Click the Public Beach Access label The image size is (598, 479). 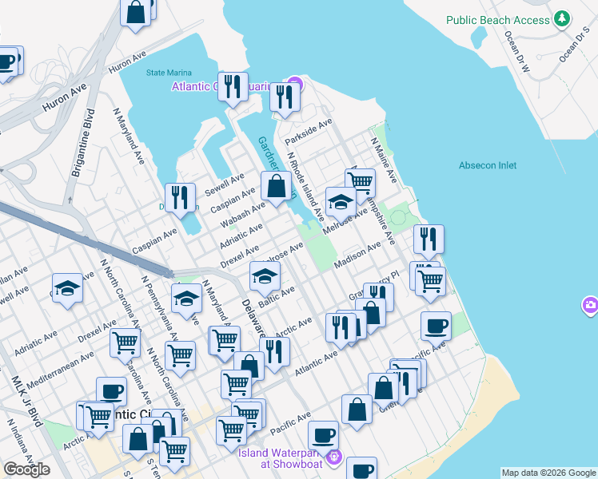click(498, 20)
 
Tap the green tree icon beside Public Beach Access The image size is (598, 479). click(563, 18)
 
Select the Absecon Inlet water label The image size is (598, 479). click(488, 165)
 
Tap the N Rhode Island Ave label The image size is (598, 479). click(306, 187)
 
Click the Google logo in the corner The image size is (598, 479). click(26, 469)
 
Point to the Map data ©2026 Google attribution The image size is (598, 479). click(548, 473)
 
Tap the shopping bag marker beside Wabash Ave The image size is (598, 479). click(276, 187)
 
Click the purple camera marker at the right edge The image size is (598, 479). click(591, 305)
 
